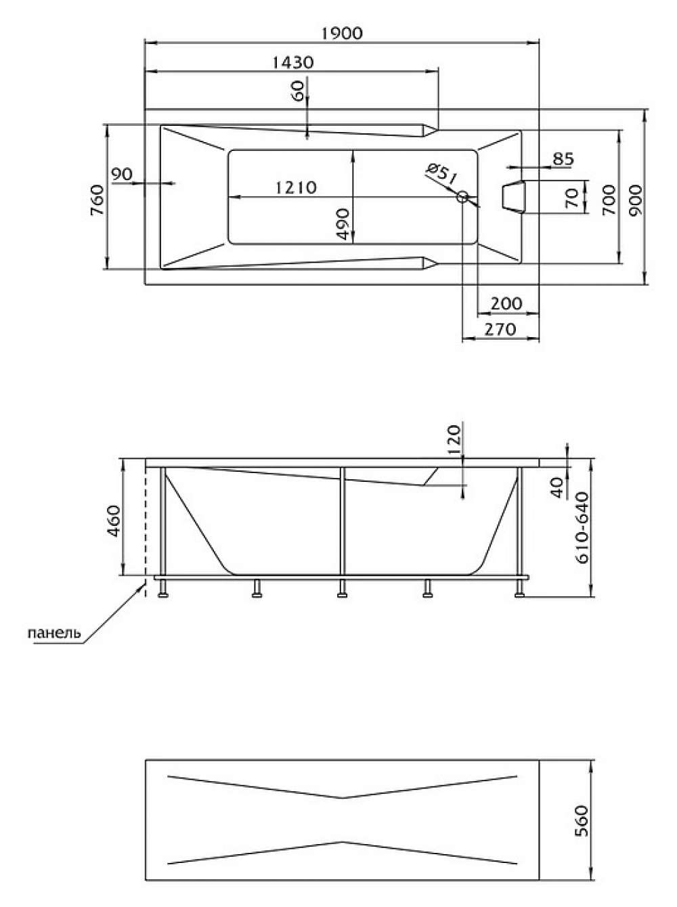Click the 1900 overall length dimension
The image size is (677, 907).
point(342,33)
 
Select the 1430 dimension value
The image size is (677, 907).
point(293,62)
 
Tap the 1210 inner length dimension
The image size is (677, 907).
point(296,188)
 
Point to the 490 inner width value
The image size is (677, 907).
point(343,224)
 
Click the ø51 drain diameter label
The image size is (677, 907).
point(442,173)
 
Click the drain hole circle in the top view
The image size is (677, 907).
point(462,197)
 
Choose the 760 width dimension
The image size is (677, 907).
point(97,200)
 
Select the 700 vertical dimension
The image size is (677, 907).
point(609,200)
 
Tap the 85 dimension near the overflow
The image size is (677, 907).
point(564,159)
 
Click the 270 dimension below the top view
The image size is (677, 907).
point(500,330)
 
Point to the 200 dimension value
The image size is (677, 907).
point(506,304)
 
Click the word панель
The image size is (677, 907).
point(54,633)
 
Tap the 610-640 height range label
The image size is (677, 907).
point(583,528)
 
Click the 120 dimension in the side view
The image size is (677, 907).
point(454,440)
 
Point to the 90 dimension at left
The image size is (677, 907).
point(122,174)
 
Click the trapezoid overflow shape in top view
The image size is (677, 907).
point(513,197)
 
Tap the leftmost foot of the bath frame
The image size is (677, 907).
point(163,588)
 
